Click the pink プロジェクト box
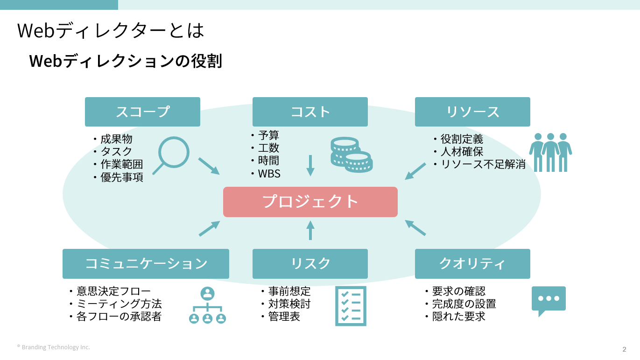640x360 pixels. click(x=310, y=202)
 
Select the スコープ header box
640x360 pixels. click(x=142, y=112)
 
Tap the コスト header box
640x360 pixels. click(x=310, y=112)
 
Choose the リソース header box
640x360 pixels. click(x=472, y=112)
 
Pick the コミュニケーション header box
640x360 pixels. click(x=146, y=263)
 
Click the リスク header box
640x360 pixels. click(x=310, y=263)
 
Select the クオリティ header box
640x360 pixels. click(x=472, y=263)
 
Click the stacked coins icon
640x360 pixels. click(x=351, y=155)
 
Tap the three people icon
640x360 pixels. click(x=550, y=152)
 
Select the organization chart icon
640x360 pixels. click(x=207, y=306)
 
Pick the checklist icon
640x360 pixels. click(x=351, y=306)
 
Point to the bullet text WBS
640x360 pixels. click(x=269, y=174)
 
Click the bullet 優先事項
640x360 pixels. click(x=122, y=177)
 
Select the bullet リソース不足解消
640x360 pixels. click(x=483, y=164)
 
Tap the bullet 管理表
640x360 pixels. click(x=284, y=317)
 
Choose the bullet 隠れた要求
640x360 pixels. click(x=458, y=317)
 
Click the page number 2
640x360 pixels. click(x=624, y=349)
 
